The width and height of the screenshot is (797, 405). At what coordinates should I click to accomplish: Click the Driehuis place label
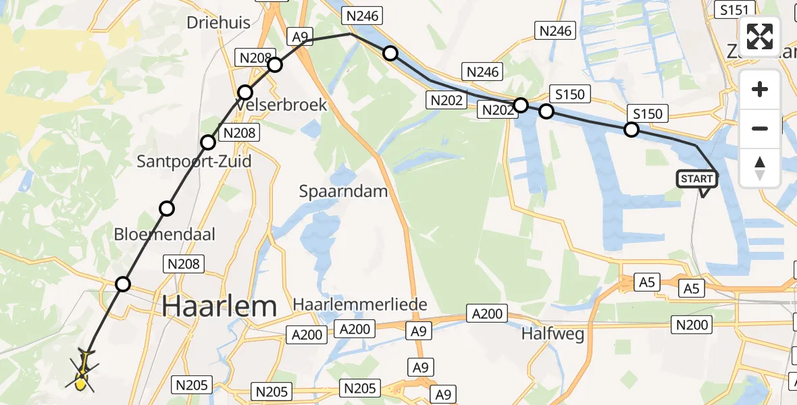pyautogui.click(x=218, y=22)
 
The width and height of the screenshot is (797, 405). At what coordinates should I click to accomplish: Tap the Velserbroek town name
pyautogui.click(x=281, y=105)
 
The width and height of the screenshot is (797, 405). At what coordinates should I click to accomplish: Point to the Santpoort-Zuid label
pyautogui.click(x=194, y=161)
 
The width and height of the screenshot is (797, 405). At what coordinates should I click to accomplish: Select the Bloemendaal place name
pyautogui.click(x=165, y=234)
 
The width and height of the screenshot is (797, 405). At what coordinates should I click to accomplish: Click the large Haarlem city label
pyautogui.click(x=220, y=306)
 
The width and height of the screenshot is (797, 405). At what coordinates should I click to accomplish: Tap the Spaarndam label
pyautogui.click(x=344, y=191)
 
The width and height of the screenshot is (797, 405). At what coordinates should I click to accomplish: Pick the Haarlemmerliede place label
pyautogui.click(x=360, y=304)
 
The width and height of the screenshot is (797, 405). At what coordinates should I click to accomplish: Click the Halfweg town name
pyautogui.click(x=553, y=333)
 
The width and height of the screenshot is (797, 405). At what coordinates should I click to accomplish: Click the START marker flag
pyautogui.click(x=697, y=179)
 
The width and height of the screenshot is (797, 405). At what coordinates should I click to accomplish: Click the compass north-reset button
pyautogui.click(x=760, y=168)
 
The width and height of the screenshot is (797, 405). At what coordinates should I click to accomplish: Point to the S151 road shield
pyautogui.click(x=735, y=9)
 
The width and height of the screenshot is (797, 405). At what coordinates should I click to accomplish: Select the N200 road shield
pyautogui.click(x=692, y=325)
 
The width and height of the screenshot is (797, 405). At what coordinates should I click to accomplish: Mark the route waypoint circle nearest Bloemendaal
pyautogui.click(x=167, y=209)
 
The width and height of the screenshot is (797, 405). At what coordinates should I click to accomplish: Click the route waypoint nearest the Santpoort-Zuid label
pyautogui.click(x=208, y=142)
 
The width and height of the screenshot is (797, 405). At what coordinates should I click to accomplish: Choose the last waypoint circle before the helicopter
pyautogui.click(x=123, y=284)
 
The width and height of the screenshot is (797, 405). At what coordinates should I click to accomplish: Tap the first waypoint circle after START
pyautogui.click(x=631, y=130)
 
